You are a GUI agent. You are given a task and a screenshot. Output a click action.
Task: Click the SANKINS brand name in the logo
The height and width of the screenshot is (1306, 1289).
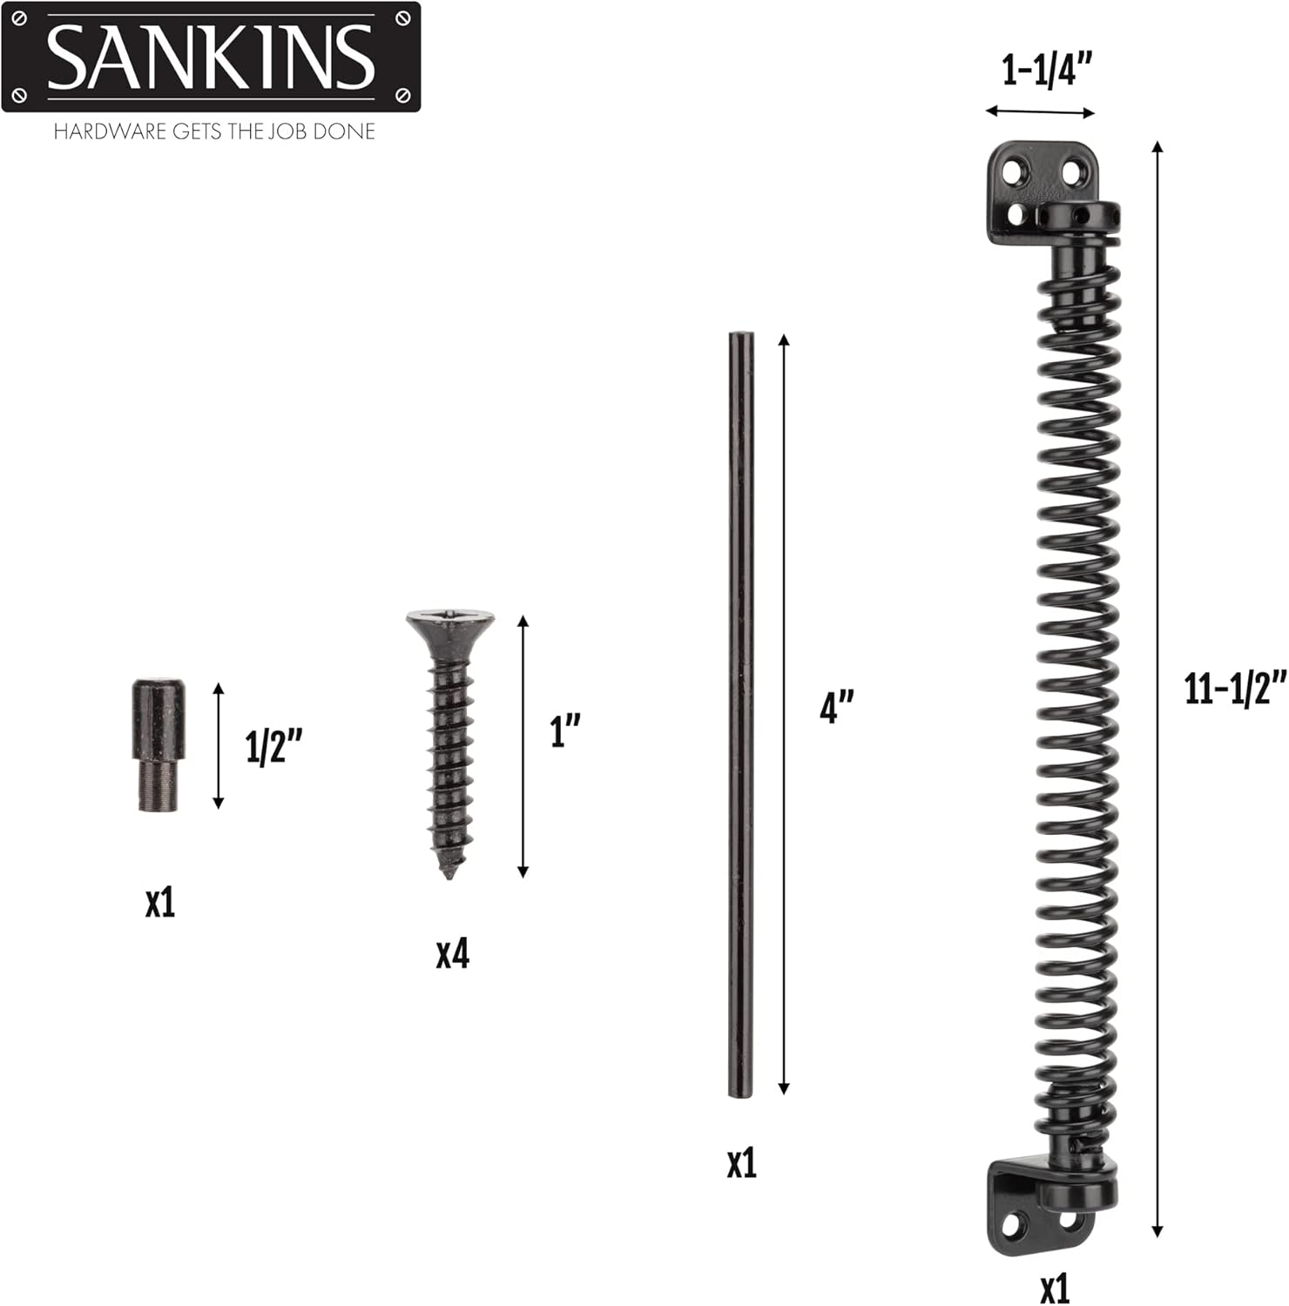pos(211,57)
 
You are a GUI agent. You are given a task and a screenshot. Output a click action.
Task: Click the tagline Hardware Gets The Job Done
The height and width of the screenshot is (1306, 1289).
pos(214,132)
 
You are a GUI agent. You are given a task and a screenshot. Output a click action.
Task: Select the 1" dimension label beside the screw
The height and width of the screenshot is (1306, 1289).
pos(564,730)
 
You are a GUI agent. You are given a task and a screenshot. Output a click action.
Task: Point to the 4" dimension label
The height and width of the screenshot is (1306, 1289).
pos(836,705)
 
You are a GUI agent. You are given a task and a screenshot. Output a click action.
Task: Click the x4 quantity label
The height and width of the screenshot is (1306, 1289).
pos(452,954)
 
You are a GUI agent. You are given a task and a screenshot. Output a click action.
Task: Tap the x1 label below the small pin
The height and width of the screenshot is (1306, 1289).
pos(160,904)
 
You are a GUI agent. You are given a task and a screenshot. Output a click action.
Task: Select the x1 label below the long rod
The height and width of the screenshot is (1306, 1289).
pos(741,1163)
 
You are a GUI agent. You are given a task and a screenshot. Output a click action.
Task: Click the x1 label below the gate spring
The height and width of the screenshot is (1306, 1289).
pos(1054,1289)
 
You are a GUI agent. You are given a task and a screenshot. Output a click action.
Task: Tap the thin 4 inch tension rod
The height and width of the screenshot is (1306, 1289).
pos(740,714)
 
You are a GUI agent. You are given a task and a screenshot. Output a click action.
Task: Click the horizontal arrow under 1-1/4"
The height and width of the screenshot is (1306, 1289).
pos(1040,111)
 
